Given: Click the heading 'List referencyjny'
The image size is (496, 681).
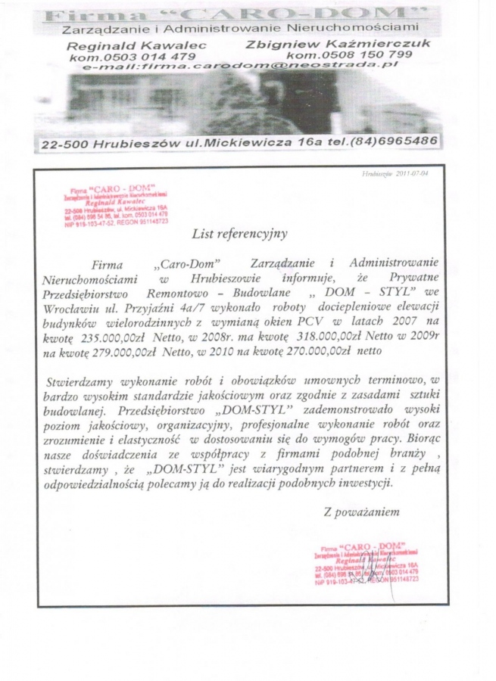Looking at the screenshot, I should click(239, 234).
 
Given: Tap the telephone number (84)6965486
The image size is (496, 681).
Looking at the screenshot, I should click(397, 141).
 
